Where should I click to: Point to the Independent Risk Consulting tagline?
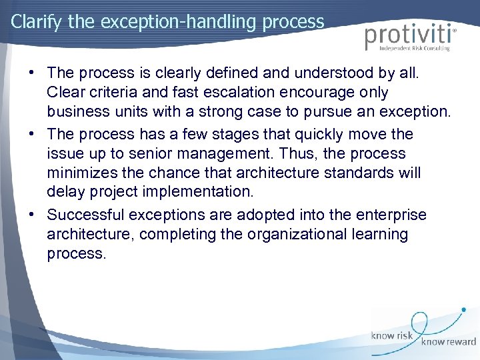pos(413,48)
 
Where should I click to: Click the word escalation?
pos(221,92)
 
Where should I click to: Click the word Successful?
pos(87,215)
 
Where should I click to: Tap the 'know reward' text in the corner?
pos(447,341)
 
